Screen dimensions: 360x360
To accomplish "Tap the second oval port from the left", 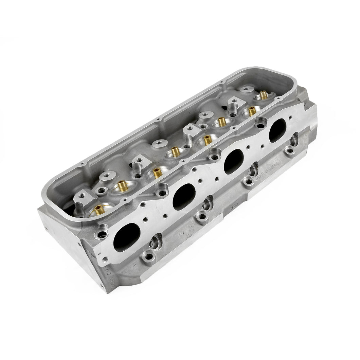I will pyautogui.click(x=184, y=196).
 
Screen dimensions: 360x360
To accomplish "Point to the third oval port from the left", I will pyautogui.click(x=234, y=161).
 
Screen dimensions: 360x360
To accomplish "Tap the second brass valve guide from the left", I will pyautogui.click(x=121, y=185).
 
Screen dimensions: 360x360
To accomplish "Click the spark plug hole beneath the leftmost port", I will pyautogui.click(x=157, y=241).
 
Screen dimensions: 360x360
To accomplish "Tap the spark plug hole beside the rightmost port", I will pyautogui.click(x=294, y=139).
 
